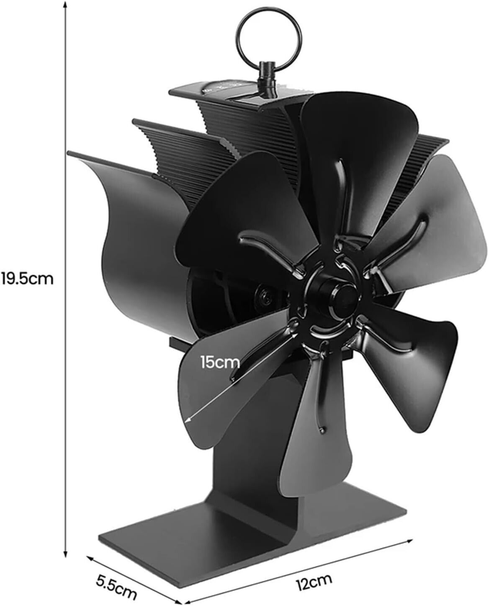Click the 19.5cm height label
[27, 279]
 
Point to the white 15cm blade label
[220, 362]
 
